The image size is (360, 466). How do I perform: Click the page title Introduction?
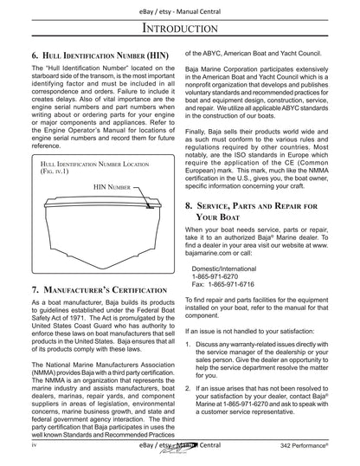point(179,30)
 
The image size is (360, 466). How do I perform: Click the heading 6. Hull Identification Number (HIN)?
point(96,55)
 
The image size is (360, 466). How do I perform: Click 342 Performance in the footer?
point(322,456)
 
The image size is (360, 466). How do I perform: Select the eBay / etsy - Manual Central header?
point(179,7)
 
